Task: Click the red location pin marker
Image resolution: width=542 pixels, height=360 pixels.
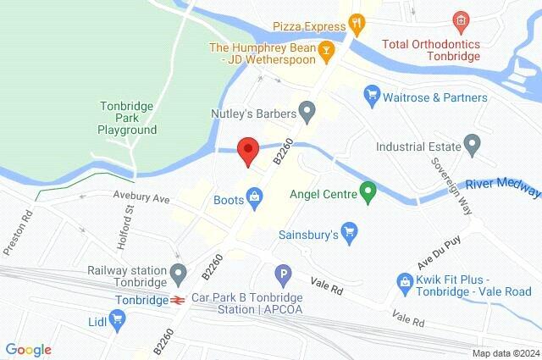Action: click(x=247, y=149)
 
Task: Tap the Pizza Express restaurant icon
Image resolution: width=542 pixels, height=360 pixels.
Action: click(x=357, y=25)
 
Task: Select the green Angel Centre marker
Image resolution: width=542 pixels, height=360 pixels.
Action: click(x=368, y=192)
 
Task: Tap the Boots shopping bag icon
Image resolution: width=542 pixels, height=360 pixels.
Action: click(x=254, y=199)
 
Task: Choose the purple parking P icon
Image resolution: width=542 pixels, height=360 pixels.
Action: click(x=284, y=274)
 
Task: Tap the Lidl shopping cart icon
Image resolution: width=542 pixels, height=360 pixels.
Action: click(x=119, y=320)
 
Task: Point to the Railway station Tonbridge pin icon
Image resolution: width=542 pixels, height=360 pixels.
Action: click(x=178, y=274)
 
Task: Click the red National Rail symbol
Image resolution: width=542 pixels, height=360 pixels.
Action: click(x=178, y=299)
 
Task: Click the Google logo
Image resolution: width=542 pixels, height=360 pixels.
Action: click(x=28, y=349)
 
